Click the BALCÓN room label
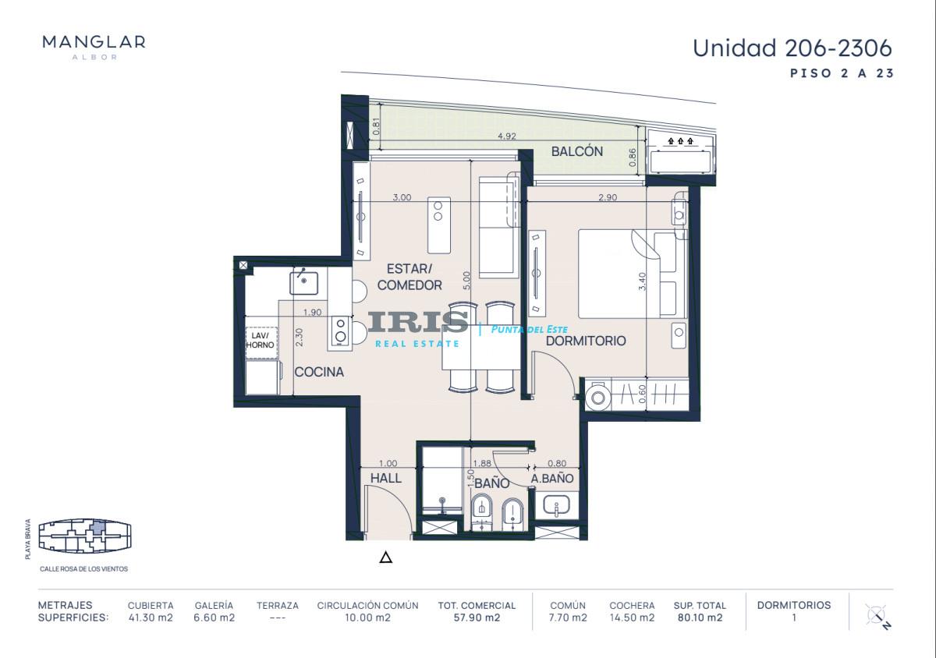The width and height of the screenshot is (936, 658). tap(577, 151)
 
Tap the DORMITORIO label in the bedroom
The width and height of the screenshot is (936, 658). tap(586, 341)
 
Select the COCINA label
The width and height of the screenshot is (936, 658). tap(319, 372)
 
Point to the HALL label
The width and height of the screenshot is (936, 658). tap(386, 478)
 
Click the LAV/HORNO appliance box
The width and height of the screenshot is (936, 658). tap(261, 342)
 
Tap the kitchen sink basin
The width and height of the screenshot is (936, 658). tap(303, 283)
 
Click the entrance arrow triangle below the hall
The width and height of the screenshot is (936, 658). tap(385, 557)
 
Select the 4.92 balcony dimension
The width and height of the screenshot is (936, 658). tap(507, 136)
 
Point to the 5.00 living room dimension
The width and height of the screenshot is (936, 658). tap(466, 281)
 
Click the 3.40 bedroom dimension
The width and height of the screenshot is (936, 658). tap(643, 281)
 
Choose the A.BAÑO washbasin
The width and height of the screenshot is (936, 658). tap(556, 505)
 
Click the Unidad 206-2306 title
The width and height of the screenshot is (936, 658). tap(792, 48)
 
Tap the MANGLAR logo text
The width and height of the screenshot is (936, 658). tap(94, 42)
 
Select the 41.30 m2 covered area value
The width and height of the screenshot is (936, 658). tap(151, 617)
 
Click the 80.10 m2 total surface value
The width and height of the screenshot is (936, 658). tap(700, 617)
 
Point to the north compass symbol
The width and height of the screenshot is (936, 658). tap(877, 617)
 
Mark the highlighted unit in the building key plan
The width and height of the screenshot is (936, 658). tap(97, 528)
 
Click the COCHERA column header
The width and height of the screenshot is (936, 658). tap(632, 605)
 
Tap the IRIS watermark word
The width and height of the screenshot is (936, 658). tap(418, 322)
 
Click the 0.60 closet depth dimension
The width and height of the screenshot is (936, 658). tap(643, 394)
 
